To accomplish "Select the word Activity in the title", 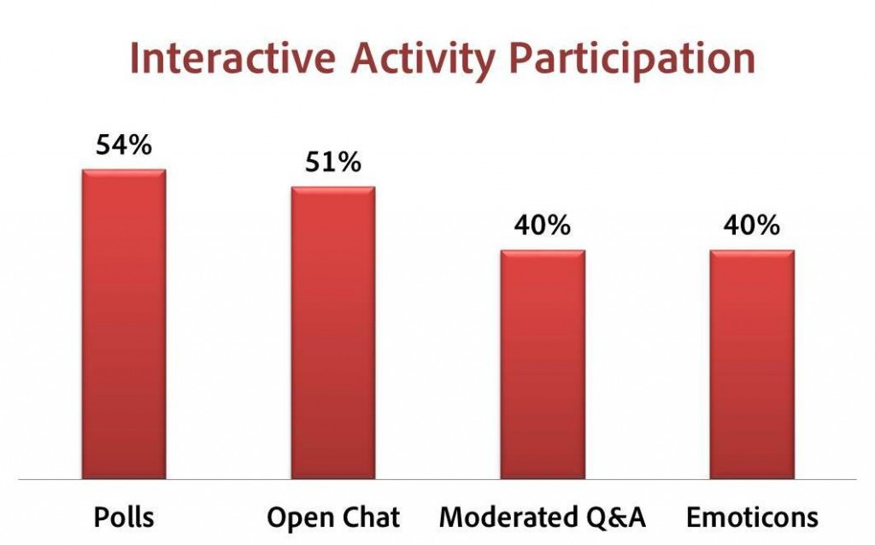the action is coord(423,60).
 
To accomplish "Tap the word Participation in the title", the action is coord(633,60).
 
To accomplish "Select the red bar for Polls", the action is coord(124,324).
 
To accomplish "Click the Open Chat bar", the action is coord(333,333).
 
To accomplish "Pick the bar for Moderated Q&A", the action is coord(543,365).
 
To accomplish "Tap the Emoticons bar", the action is coord(752,365).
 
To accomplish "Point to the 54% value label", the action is coord(124,145).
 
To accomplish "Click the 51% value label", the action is coord(333,162).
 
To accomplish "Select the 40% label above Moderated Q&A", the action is coord(543,226).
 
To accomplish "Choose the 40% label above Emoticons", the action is coord(752,226).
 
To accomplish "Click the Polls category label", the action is coord(124,517).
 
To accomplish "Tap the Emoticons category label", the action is coord(752,517).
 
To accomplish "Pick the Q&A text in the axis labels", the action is coord(616,519).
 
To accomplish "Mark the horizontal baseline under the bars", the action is coord(437,480).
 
